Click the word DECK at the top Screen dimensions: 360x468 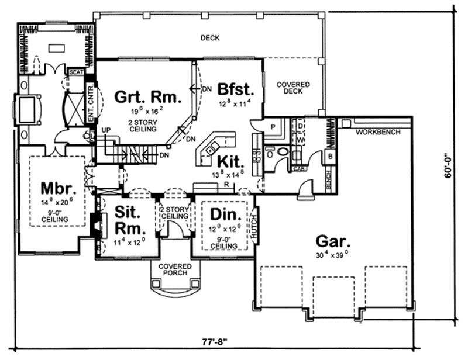[x=209, y=38]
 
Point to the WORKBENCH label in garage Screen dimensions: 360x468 [x=378, y=132]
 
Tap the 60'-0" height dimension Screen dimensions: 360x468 [x=448, y=165]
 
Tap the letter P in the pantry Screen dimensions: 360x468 [x=273, y=127]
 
